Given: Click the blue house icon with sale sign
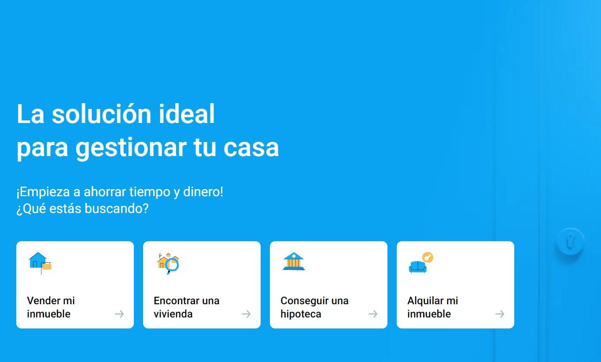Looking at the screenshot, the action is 40,263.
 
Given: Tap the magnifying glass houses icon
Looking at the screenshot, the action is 168,263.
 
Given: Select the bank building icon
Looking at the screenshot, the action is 294,261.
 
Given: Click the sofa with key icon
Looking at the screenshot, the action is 421,262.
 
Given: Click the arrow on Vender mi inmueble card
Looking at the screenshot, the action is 119,314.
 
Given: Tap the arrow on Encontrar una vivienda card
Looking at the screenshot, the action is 246,314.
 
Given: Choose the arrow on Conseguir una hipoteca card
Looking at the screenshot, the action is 373,314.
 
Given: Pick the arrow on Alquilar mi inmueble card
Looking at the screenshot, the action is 500,314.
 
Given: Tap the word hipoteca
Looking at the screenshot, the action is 301,314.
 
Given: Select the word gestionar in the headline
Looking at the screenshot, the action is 131,148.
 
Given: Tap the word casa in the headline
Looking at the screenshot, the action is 251,148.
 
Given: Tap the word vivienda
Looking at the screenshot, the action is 173,314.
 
